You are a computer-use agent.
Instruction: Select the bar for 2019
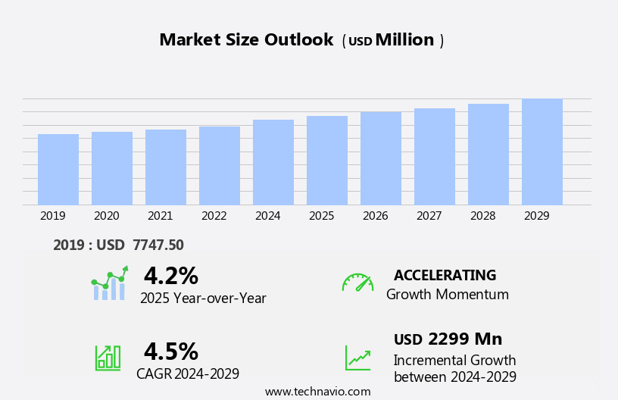(58, 170)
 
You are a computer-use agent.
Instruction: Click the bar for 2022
(220, 166)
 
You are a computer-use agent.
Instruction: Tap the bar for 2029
(542, 152)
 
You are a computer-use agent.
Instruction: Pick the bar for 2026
(381, 158)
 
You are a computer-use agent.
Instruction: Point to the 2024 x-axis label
(268, 216)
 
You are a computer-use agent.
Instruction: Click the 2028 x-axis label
(483, 216)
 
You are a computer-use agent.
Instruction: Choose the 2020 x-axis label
(107, 216)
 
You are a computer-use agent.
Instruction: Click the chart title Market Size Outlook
(246, 40)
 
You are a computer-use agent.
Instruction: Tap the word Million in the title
(404, 40)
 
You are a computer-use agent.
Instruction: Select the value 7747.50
(158, 245)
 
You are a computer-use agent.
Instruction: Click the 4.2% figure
(170, 276)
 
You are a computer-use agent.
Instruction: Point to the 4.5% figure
(170, 352)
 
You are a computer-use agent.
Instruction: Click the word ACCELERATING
(445, 275)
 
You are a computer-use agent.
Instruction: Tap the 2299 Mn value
(465, 339)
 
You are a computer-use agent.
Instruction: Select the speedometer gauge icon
(357, 283)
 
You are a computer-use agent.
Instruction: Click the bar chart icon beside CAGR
(108, 357)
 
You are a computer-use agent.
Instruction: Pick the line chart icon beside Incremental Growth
(357, 358)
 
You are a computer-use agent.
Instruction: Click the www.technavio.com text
(317, 392)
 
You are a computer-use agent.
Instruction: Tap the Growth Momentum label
(447, 295)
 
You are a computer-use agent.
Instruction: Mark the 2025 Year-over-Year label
(203, 298)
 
